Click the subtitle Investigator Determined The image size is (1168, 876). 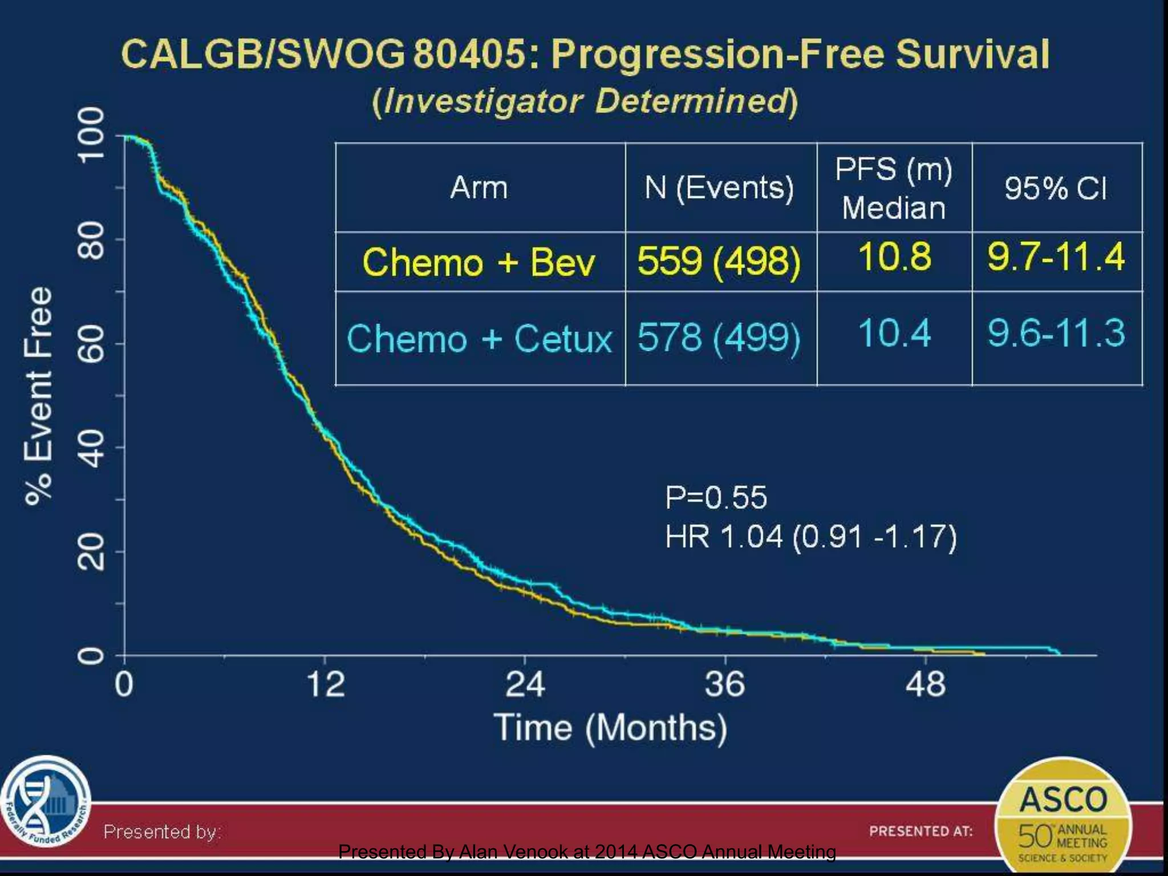coord(585,102)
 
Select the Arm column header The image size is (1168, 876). coord(479,188)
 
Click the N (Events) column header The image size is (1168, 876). coord(719,188)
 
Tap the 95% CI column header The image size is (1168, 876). coord(1056,188)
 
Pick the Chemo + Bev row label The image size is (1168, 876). coord(478,262)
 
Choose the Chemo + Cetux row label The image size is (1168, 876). coord(478,338)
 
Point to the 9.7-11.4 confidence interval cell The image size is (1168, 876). coord(1056,257)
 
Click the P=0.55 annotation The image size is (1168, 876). coord(716,497)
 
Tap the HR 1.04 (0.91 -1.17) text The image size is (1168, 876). coord(810,537)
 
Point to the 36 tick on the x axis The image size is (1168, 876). coord(724,684)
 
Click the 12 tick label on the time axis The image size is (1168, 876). coord(325,684)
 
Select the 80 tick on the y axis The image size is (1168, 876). coord(91,240)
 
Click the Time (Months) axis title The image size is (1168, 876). coord(610,728)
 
